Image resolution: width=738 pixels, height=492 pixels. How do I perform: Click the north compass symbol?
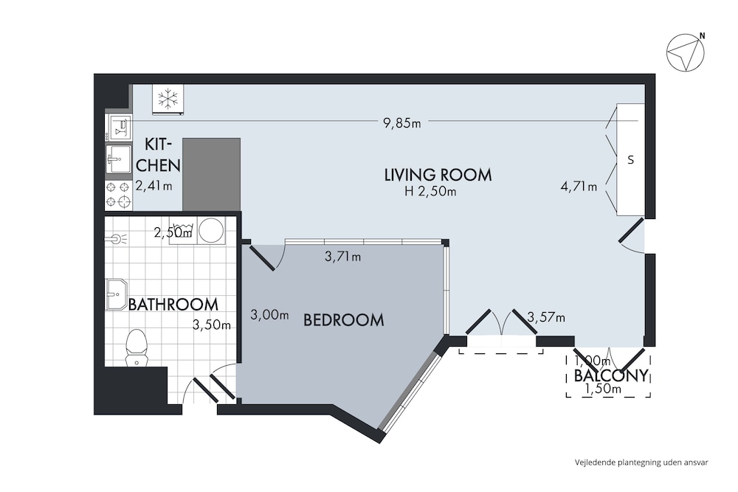point(686,52)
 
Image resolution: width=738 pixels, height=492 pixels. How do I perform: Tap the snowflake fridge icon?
point(168,100)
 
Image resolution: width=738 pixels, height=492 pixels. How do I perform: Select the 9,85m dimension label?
point(402,123)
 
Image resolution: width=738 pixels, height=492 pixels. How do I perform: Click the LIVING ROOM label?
point(438,175)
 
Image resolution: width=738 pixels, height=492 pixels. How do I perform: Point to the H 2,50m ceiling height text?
point(430,192)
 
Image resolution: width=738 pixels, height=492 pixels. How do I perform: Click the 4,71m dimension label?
point(579,187)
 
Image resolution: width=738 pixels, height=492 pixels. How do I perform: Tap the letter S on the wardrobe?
point(631,160)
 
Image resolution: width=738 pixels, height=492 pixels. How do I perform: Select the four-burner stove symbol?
point(118,194)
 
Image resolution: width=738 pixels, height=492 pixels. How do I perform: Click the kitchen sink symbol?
point(118,160)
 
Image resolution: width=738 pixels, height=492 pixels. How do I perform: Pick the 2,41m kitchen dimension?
point(154,186)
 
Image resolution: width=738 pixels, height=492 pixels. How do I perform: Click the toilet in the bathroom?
point(137,347)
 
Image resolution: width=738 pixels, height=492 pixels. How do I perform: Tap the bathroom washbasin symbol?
point(117,294)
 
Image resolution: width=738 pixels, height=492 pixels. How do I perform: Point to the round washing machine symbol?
point(211,230)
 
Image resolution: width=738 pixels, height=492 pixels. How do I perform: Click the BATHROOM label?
point(173,305)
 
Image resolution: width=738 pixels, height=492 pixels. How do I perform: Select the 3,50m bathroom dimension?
point(212,325)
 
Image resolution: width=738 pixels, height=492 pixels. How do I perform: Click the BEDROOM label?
point(344,320)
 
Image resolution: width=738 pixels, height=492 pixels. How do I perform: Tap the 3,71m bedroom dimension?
point(342,257)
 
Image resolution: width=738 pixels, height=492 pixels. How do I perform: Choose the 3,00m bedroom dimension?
point(269,315)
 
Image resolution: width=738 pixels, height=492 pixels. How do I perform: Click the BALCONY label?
point(611,375)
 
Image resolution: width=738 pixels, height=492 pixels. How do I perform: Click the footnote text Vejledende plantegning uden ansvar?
point(641,462)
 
